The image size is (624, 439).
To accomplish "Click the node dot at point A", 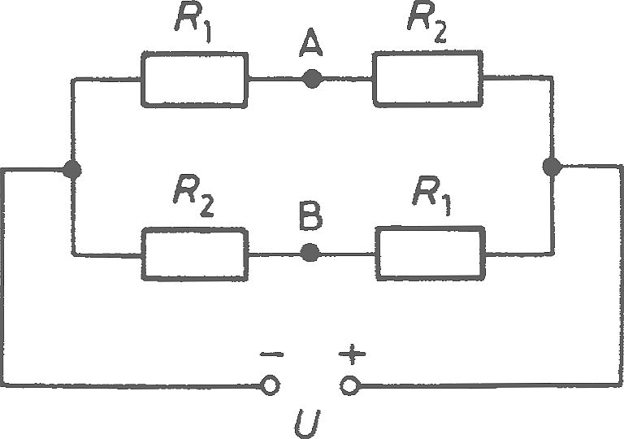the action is point(312,79).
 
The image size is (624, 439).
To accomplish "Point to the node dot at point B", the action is point(310,253).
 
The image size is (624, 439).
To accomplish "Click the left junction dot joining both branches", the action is point(72,170).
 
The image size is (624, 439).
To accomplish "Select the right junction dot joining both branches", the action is point(552,166).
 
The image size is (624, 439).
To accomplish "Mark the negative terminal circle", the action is point(271,385).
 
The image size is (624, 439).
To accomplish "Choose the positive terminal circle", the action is point(350,385).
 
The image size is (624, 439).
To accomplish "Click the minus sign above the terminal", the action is point(272,354).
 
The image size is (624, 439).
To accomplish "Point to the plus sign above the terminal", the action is point(352,354).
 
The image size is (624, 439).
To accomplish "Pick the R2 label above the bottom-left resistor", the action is point(194,196).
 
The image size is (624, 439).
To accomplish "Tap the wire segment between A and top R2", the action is point(347,79).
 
